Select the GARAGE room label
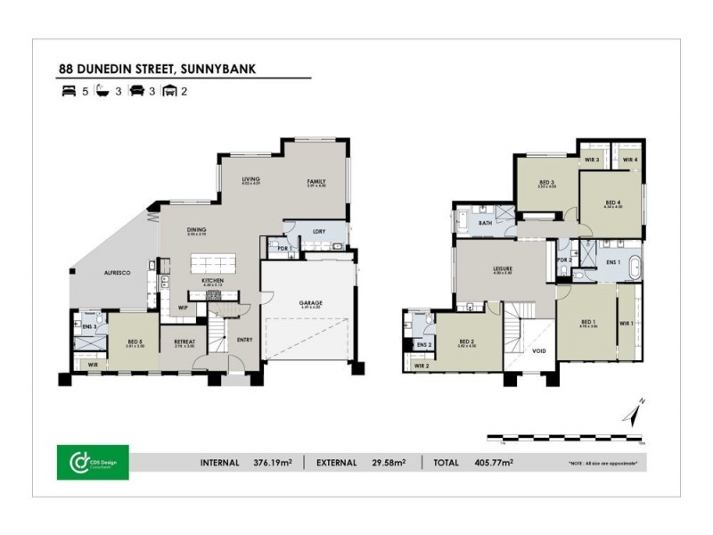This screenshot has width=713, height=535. click(310, 303)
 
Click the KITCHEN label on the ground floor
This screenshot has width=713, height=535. click(212, 281)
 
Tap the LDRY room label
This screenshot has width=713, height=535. click(318, 232)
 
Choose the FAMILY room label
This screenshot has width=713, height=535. click(316, 181)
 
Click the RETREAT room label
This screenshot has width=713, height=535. click(184, 340)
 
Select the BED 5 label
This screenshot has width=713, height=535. click(135, 341)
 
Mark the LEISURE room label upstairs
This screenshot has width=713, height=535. click(502, 269)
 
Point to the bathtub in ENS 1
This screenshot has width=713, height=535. click(632, 266)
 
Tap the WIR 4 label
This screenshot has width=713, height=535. click(629, 160)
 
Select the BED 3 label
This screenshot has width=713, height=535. click(546, 182)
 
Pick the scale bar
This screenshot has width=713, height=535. click(565, 438)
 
